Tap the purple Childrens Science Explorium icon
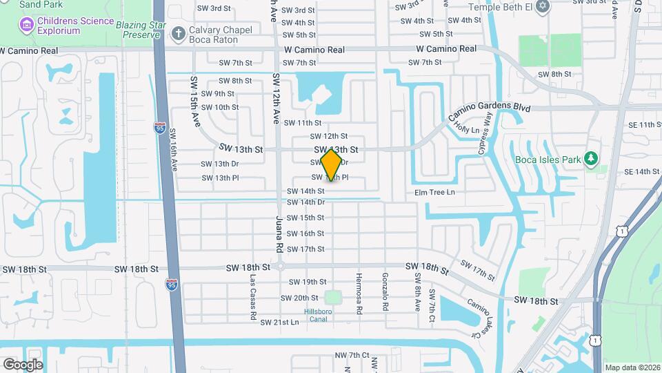tap(27, 26)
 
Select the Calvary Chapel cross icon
tap(178, 32)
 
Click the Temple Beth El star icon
tap(543, 7)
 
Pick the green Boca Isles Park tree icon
tap(591, 160)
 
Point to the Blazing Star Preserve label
tap(141, 30)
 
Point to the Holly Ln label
tap(466, 129)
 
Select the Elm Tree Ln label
tap(435, 192)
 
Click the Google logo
tap(23, 364)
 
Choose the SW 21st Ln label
tap(279, 323)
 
